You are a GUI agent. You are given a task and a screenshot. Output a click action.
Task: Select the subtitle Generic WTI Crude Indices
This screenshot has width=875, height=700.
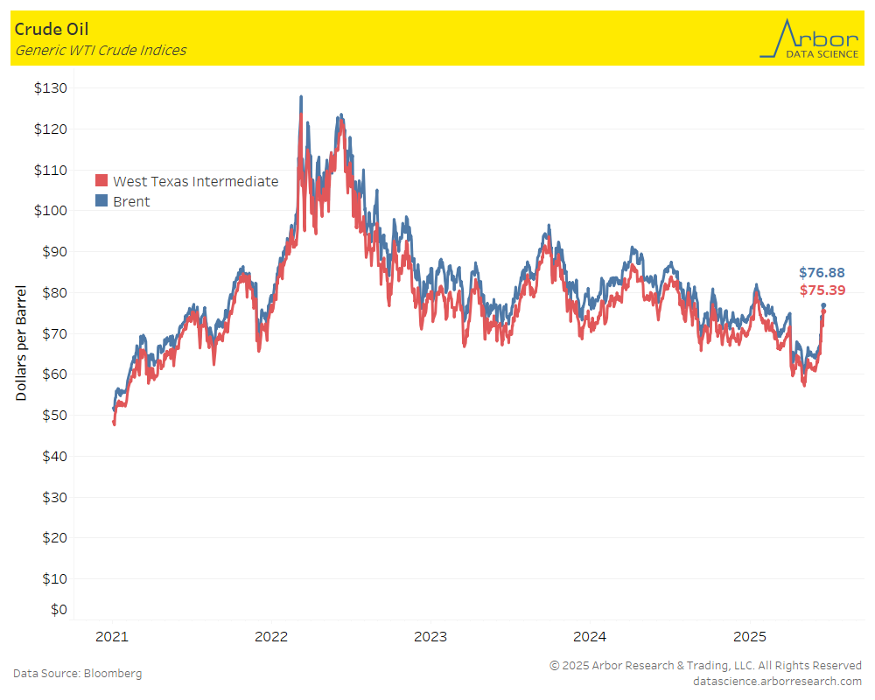(100, 50)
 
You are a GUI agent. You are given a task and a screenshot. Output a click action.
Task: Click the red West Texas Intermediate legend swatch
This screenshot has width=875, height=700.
(101, 181)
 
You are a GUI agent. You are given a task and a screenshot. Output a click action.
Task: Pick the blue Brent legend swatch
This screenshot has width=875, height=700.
(101, 201)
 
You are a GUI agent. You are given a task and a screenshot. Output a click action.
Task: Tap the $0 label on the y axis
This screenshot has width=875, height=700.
(58, 609)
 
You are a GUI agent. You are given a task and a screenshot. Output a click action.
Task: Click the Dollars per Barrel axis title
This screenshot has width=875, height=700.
(21, 343)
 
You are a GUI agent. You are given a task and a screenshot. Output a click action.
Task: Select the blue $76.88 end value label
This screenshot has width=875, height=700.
(822, 273)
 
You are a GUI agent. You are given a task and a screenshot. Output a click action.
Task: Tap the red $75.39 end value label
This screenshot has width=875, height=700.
(822, 290)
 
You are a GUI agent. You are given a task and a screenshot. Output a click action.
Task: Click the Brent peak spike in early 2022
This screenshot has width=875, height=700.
(301, 98)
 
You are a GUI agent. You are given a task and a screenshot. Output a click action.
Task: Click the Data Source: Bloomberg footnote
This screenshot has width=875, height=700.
(77, 673)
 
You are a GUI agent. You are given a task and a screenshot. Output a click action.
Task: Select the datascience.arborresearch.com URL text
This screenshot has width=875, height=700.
(776, 681)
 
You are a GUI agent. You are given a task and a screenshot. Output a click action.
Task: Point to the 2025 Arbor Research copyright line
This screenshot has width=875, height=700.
(705, 665)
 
